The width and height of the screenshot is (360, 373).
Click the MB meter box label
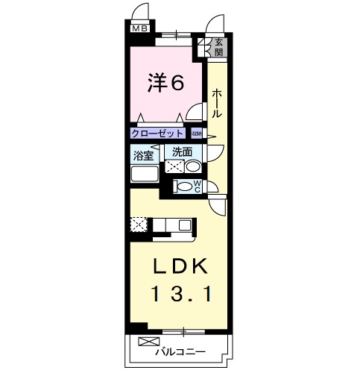point(140,29)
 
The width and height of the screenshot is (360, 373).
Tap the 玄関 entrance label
point(218,48)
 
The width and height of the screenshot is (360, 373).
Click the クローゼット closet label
point(157,134)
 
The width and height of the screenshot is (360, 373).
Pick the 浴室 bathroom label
point(144,156)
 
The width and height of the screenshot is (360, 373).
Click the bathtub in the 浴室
point(145,175)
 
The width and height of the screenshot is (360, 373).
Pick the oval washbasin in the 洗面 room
point(192,166)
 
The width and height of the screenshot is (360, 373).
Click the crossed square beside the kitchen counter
point(139,224)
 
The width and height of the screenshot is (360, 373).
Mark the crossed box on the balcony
point(144,345)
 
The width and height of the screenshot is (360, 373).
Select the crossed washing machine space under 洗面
point(176,166)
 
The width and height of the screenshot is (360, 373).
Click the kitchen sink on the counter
point(185,223)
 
